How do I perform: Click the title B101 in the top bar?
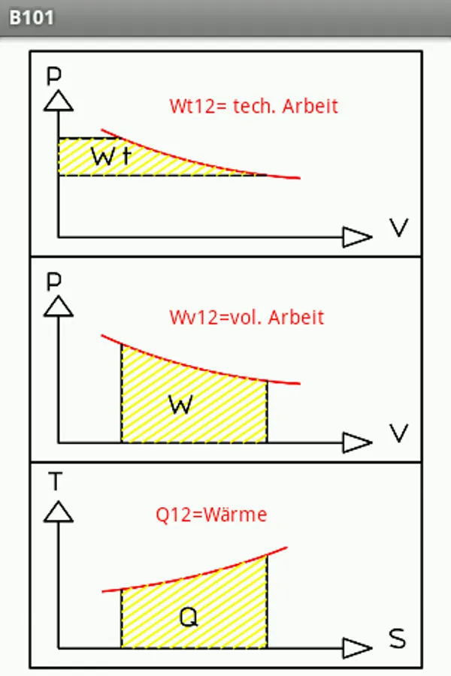point(32,17)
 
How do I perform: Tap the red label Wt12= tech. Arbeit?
point(253,106)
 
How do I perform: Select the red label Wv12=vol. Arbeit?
point(247,317)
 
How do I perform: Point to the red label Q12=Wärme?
point(211,515)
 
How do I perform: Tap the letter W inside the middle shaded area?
point(181,405)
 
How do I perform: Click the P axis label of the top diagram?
point(53,75)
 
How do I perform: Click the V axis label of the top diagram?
point(399,228)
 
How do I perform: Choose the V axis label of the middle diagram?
point(399,433)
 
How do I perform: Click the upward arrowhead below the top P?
point(58,101)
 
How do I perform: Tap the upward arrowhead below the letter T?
point(58,512)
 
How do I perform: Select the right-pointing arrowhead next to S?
point(356,647)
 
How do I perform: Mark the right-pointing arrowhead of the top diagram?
point(356,237)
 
